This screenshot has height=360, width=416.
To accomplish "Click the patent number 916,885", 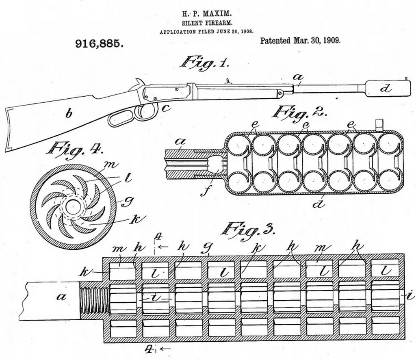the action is tap(99, 43).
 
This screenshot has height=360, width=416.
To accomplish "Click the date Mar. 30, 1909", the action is tap(317, 41).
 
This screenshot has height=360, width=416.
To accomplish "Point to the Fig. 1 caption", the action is tap(205, 62).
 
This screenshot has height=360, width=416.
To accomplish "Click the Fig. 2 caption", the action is tap(299, 112).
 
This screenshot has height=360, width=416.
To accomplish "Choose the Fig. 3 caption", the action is tap(247, 230).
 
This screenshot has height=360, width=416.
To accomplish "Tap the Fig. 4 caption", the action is tap(75, 149).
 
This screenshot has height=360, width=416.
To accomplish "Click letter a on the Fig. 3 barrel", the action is tap(62, 296).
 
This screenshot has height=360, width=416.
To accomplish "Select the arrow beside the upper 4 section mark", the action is tap(163, 247).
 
